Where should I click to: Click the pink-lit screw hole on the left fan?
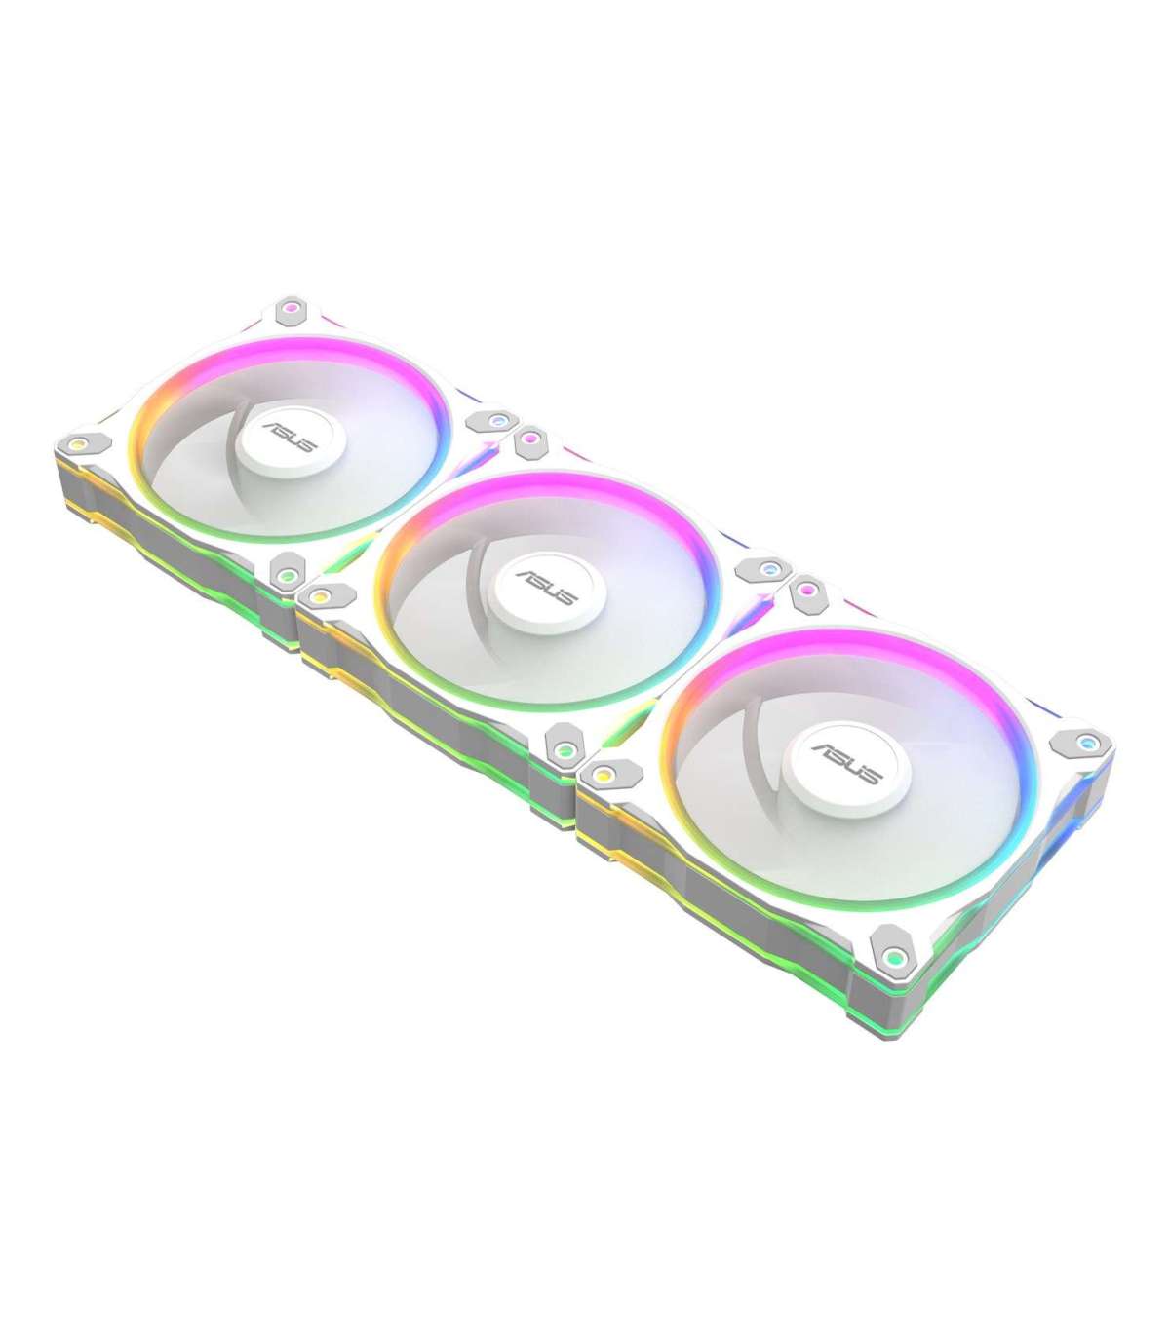pos(289,306)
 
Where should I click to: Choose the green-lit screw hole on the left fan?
pos(287,574)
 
